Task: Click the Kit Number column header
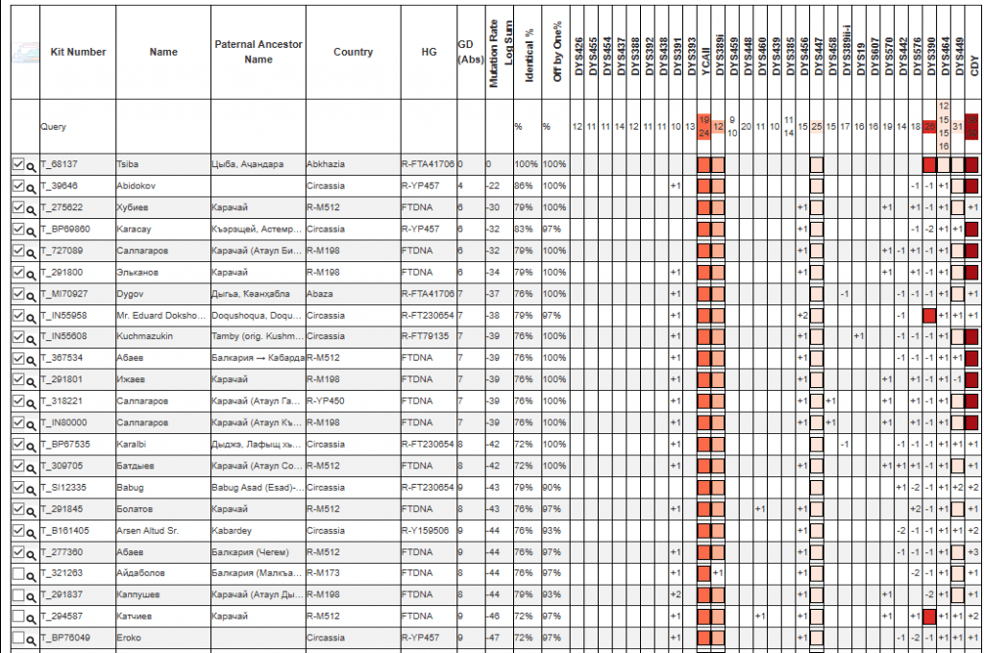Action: click(x=78, y=52)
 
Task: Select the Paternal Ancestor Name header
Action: click(x=258, y=52)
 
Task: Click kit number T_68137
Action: click(x=59, y=164)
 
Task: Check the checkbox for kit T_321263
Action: click(x=18, y=573)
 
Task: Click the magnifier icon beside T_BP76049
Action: click(x=32, y=638)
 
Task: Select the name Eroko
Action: click(x=129, y=638)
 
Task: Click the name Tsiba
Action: click(x=127, y=164)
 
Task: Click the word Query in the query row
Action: click(x=54, y=126)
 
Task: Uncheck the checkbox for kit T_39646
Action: click(x=18, y=185)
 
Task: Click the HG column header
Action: click(x=428, y=52)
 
